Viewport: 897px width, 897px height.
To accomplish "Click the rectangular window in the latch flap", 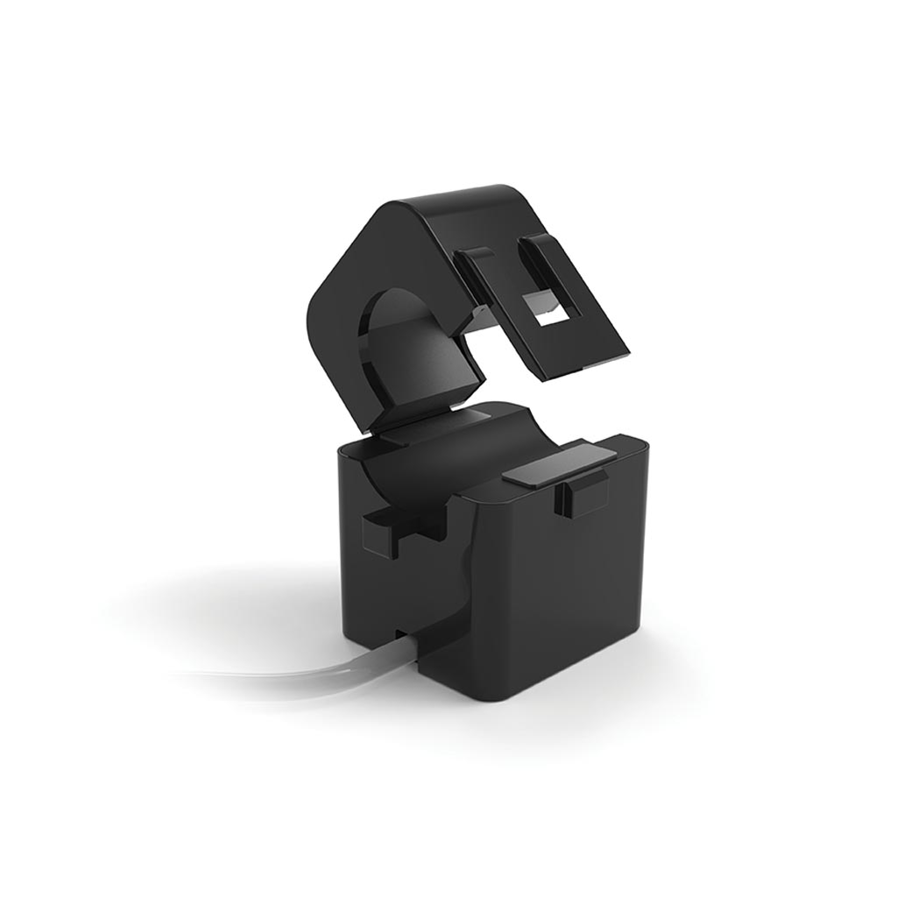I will [x=546, y=307].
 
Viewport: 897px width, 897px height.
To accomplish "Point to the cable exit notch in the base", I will [x=405, y=632].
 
